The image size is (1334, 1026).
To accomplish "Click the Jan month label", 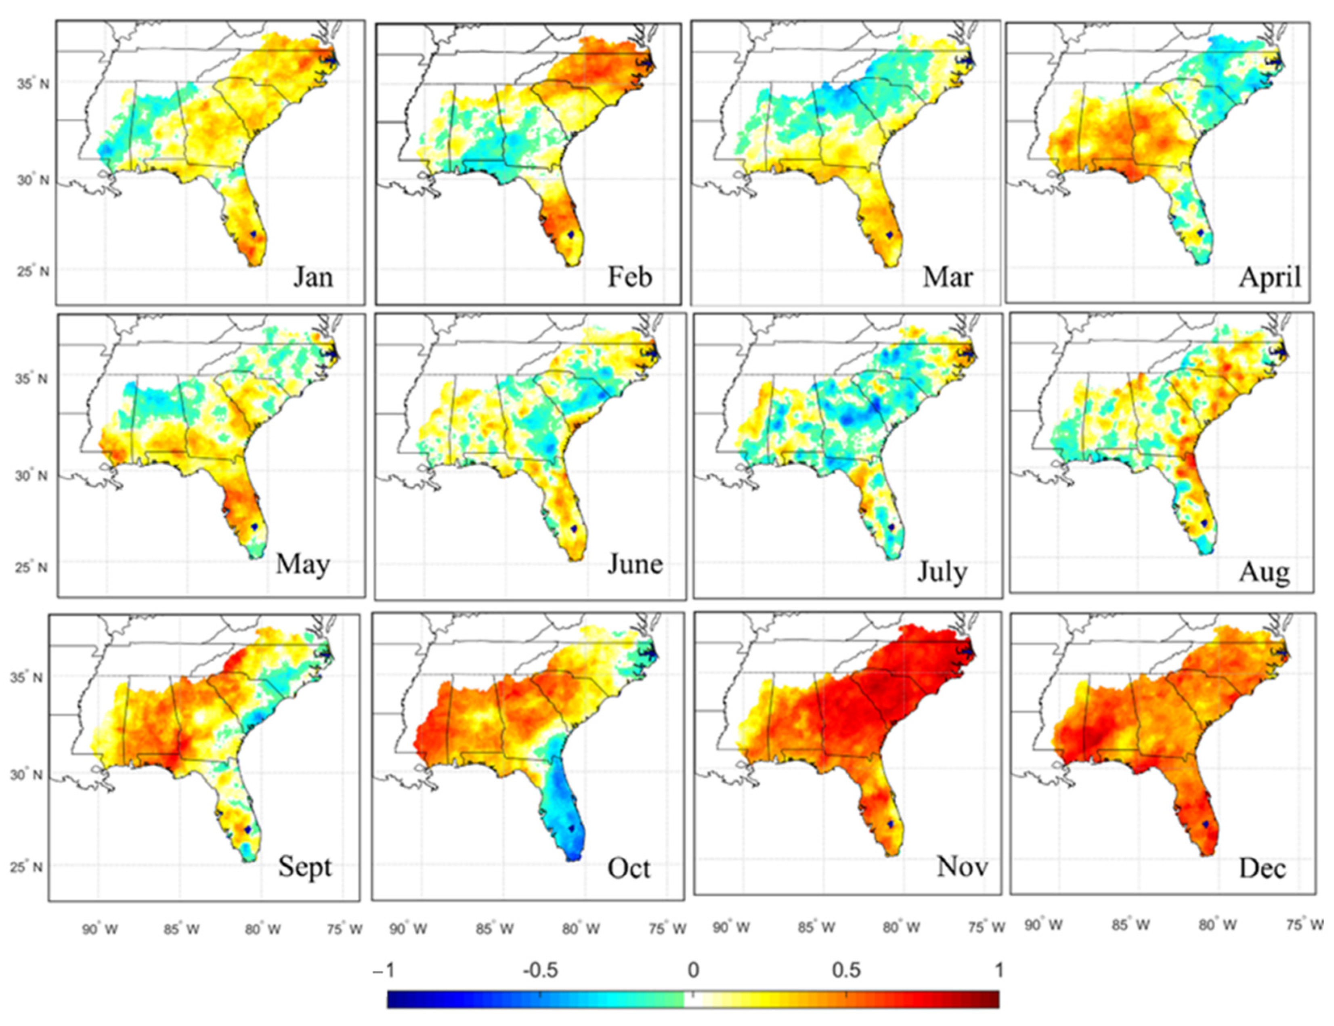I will (313, 277).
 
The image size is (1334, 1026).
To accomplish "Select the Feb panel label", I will (629, 277).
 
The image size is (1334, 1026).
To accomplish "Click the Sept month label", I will (305, 866).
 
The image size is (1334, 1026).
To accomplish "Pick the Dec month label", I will (1262, 868).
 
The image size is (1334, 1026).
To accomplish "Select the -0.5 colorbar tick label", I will (540, 970).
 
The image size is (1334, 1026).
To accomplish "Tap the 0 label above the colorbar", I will (693, 970).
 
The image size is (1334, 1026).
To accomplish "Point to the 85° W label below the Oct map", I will (495, 929).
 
